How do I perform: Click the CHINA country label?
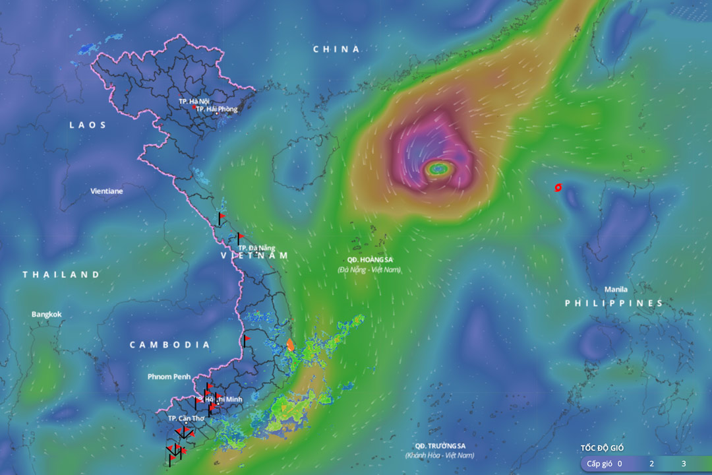point(336,49)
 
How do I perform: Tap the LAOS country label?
point(88,125)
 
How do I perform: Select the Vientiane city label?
point(106,191)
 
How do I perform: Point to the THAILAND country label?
point(61,274)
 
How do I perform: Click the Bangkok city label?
point(47,314)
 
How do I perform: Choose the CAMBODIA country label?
point(169,345)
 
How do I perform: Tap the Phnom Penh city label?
point(169,377)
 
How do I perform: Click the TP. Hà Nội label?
point(193,102)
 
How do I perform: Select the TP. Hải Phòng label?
point(216,109)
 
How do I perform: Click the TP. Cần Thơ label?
point(186,418)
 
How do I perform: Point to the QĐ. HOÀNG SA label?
point(369,260)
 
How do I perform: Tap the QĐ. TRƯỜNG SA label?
point(440,446)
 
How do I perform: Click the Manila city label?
point(616,290)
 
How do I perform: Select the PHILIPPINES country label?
point(613,303)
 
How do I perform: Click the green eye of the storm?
point(438,169)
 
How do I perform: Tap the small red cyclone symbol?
point(558,187)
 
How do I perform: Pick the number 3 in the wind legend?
point(683,464)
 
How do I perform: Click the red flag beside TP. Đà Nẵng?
point(241,236)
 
